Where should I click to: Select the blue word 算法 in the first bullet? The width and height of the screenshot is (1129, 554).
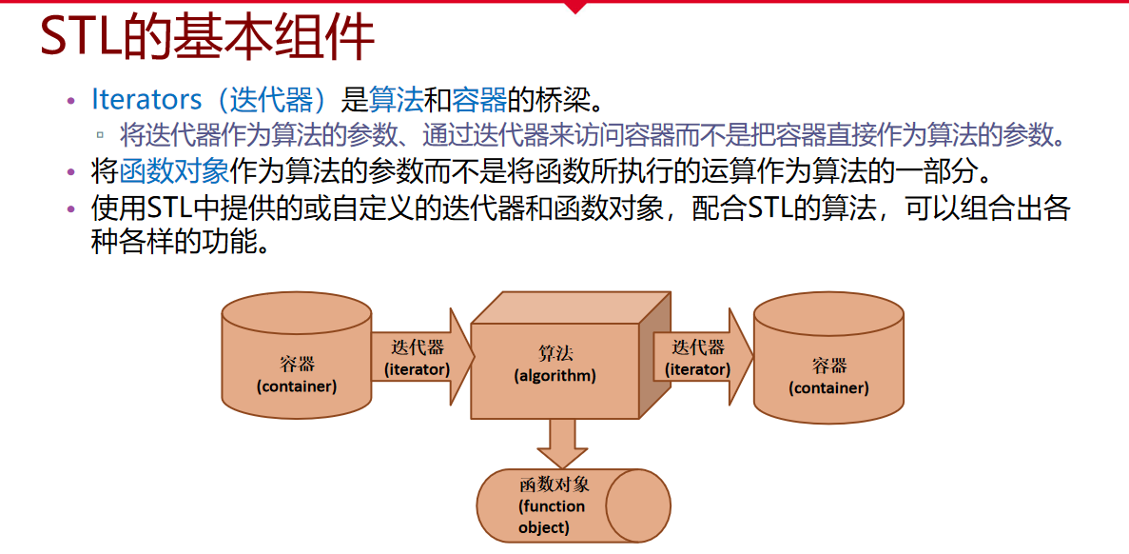point(395,99)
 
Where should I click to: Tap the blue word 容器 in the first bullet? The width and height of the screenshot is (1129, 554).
point(477,99)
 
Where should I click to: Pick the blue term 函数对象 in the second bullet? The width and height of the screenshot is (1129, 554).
point(174,171)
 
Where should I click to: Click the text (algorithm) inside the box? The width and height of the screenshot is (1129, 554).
point(555,376)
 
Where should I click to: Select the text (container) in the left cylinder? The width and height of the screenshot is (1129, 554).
point(297,386)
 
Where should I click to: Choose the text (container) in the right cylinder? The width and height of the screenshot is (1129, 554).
point(828,388)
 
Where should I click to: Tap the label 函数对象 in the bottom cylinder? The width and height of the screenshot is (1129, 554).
point(555,485)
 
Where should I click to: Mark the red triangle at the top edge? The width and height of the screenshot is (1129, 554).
point(574,6)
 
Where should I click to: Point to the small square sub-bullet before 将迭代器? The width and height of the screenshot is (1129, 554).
point(100,134)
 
